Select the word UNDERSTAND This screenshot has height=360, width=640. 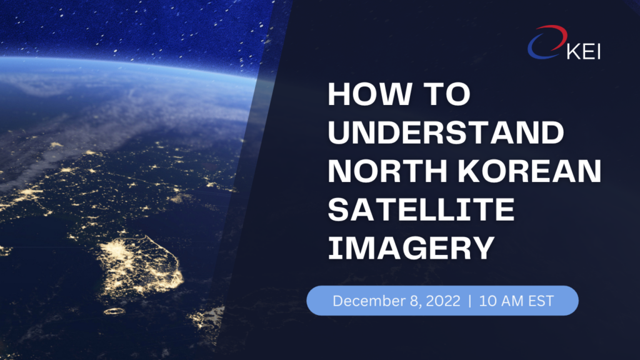coord(446,132)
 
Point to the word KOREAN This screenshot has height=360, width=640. coord(530,171)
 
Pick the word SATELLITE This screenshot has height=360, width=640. coord(421,209)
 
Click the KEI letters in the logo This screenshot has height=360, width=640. coord(584,52)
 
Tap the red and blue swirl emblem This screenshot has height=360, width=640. coord(547,42)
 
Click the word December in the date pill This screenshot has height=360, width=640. coord(369,301)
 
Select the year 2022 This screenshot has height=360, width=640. coord(443,301)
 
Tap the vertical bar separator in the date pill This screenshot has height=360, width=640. coord(470,301)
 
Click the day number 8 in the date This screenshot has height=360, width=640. coord(414,301)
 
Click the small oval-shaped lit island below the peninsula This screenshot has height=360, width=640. coord(114,311)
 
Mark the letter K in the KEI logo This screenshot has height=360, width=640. coord(573,52)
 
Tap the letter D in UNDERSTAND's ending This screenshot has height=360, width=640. coord(552,132)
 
